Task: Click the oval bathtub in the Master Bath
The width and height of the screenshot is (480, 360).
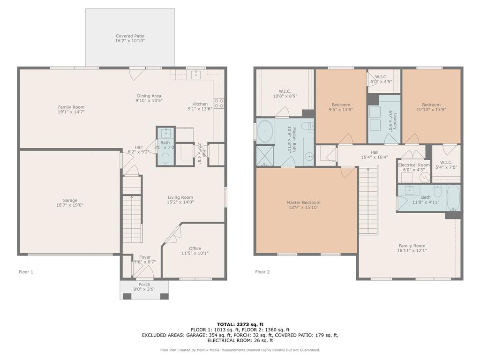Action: tap(265, 131)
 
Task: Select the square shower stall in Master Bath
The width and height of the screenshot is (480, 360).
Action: tap(265, 156)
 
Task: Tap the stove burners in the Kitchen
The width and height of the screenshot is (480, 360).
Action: tap(219, 103)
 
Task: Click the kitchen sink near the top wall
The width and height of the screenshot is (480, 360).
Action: tap(195, 75)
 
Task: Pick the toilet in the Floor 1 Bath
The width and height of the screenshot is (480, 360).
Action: tap(165, 160)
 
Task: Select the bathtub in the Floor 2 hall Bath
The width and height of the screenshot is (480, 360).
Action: tap(453, 197)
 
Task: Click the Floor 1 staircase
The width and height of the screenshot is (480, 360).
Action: tap(132, 218)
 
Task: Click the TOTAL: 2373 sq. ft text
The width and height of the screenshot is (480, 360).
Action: tap(240, 324)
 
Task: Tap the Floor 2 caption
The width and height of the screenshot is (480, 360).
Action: tap(262, 272)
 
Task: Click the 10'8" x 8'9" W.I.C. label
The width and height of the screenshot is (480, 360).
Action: tap(285, 94)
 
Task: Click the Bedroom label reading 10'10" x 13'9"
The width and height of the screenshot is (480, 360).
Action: tap(431, 107)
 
